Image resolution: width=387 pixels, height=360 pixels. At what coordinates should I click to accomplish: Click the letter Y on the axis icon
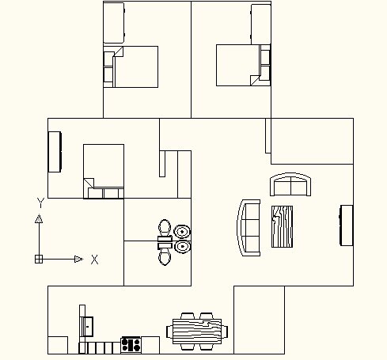click(40, 203)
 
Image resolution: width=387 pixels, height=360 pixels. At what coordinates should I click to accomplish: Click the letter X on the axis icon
click(94, 260)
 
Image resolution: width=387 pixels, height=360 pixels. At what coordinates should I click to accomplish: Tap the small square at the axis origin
click(39, 259)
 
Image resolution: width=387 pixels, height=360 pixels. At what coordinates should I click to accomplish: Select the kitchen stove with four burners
click(131, 345)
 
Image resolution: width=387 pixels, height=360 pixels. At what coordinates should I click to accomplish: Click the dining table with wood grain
click(197, 332)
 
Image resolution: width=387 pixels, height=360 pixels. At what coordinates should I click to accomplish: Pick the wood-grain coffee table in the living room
click(282, 226)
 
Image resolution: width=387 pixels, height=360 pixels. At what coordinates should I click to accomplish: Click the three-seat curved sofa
click(249, 228)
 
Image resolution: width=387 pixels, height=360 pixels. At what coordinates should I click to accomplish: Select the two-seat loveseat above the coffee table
click(290, 184)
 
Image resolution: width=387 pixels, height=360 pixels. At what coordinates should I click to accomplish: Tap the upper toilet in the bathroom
click(165, 230)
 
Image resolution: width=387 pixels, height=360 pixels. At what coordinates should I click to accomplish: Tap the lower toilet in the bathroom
click(165, 254)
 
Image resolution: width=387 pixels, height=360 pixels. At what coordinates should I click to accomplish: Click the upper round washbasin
click(182, 232)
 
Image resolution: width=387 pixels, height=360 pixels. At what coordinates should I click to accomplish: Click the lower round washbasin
click(182, 247)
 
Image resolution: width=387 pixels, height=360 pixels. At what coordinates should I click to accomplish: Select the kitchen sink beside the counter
click(86, 327)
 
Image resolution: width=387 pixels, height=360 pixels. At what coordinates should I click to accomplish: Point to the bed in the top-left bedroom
click(131, 67)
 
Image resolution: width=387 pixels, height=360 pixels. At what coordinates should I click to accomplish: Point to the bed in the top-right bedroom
click(243, 65)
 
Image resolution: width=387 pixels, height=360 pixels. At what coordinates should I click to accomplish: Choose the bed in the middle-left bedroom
click(104, 172)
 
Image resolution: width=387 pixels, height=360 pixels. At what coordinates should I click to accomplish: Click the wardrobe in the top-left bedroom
click(114, 23)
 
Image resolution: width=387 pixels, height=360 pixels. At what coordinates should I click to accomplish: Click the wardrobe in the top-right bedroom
click(260, 25)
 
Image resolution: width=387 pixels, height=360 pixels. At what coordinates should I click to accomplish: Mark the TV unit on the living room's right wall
click(346, 225)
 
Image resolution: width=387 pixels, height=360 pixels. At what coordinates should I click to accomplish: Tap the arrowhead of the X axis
click(79, 260)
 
